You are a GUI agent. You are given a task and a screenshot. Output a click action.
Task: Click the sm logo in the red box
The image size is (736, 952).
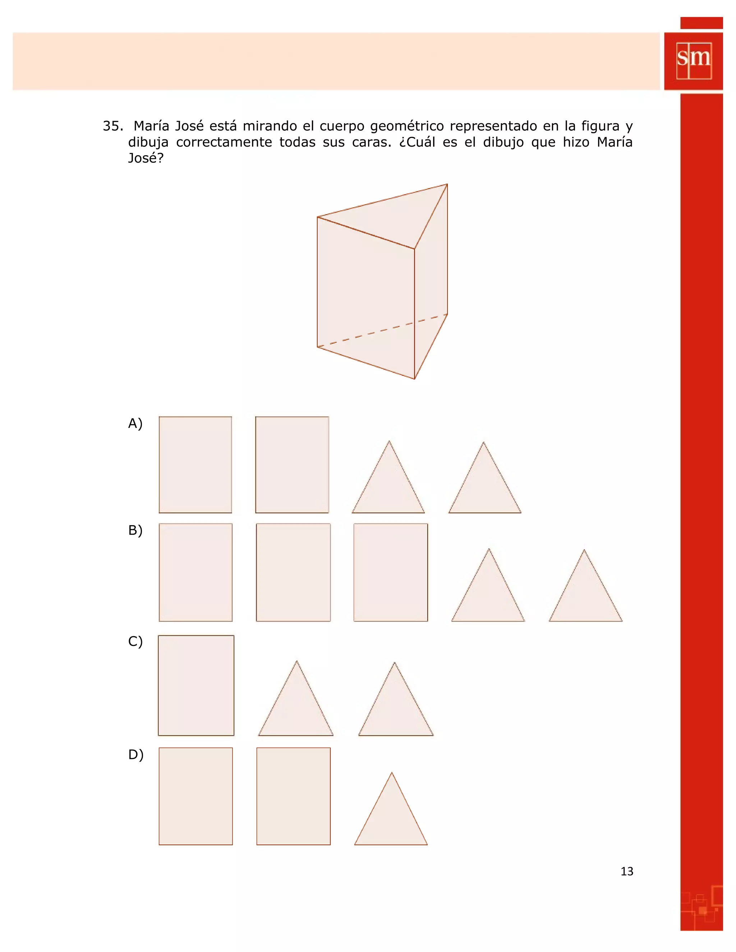tap(693, 60)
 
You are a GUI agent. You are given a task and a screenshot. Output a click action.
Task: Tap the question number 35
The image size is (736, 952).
tap(112, 126)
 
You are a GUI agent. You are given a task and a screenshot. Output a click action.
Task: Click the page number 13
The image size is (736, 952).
tap(626, 871)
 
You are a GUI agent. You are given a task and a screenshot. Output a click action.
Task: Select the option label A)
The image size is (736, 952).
tap(135, 423)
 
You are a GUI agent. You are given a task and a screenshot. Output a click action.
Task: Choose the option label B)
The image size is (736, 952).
tap(135, 530)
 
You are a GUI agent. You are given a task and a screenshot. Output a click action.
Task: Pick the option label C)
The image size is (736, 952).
tap(135, 641)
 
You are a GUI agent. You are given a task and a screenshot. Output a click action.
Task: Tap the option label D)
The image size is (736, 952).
tap(135, 754)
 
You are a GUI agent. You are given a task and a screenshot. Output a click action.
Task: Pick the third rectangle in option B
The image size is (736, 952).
tap(390, 572)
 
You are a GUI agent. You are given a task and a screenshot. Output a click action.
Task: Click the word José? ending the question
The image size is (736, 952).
tap(146, 158)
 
